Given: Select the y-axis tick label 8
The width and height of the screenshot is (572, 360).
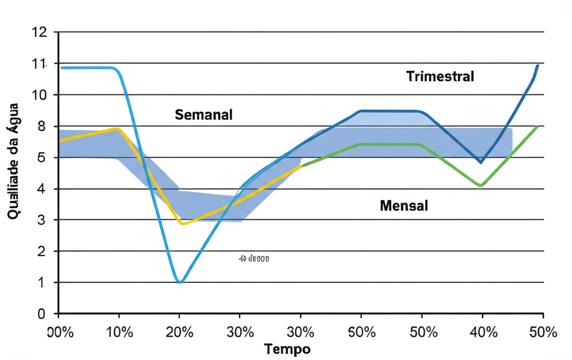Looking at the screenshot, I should click(41, 126).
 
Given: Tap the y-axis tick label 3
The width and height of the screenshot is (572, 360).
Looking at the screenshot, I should click(41, 220).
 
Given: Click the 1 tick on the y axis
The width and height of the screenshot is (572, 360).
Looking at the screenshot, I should click(41, 282).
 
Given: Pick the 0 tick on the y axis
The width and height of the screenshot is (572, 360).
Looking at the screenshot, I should click(41, 314).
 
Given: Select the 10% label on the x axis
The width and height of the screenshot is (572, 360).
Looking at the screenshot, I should click(119, 332).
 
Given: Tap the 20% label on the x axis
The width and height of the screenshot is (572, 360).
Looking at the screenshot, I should click(179, 332).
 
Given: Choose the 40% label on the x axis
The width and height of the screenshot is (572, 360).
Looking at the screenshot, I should click(483, 332).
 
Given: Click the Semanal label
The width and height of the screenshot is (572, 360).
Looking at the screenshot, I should click(203, 115).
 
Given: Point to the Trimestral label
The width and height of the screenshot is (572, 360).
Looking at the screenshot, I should click(440, 76).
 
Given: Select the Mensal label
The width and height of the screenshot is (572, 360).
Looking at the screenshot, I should click(403, 205).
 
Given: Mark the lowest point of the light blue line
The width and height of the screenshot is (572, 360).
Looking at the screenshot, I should click(179, 282).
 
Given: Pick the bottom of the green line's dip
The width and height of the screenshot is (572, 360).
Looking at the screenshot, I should click(480, 185).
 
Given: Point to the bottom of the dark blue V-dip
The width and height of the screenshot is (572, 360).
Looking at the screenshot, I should click(480, 162).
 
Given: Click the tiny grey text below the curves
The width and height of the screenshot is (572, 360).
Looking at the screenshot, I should click(254, 258).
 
